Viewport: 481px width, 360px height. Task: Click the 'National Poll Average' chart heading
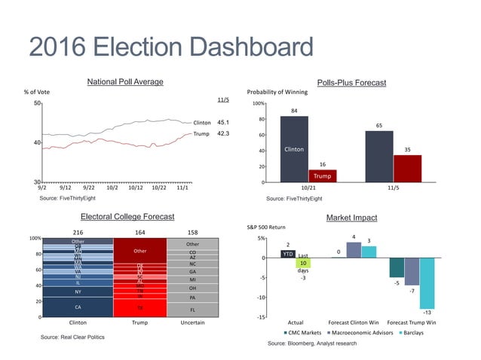(x=125, y=81)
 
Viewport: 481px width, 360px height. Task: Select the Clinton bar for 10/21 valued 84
(x=293, y=149)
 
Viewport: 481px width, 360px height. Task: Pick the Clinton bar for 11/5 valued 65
(x=378, y=157)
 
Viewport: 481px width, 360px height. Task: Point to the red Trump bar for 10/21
(x=322, y=175)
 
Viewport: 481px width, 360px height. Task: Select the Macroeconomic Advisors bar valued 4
(x=354, y=250)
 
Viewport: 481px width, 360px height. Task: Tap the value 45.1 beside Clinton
(x=224, y=122)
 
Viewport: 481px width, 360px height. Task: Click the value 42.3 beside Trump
(x=224, y=134)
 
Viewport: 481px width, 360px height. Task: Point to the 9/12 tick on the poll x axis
(x=66, y=188)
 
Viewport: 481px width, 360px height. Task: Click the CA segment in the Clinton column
(x=78, y=307)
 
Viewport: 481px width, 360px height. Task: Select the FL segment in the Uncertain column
(x=192, y=310)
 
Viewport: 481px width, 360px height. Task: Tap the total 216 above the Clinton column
(x=78, y=232)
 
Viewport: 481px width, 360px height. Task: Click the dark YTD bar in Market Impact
(x=287, y=255)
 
